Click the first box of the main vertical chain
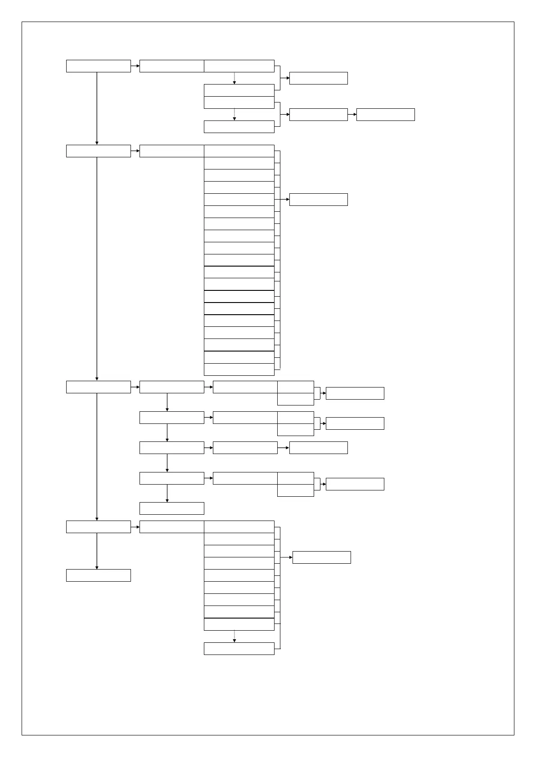[98, 66]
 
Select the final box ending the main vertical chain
[98, 575]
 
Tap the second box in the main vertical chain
[98, 151]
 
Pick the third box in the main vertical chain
[98, 387]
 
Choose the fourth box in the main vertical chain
[98, 527]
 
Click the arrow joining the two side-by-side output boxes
[352, 115]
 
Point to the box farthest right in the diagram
[385, 115]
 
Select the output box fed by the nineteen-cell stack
[318, 200]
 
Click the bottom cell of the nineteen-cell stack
[239, 370]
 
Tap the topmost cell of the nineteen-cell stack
[239, 151]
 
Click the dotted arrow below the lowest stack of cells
[234, 637]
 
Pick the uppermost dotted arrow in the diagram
[234, 78]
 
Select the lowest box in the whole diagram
[239, 649]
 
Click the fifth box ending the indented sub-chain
[171, 508]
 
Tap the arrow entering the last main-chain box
[97, 551]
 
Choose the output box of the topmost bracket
[318, 78]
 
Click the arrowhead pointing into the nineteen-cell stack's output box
[287, 200]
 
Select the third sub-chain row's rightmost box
[318, 448]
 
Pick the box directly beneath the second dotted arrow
[239, 127]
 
